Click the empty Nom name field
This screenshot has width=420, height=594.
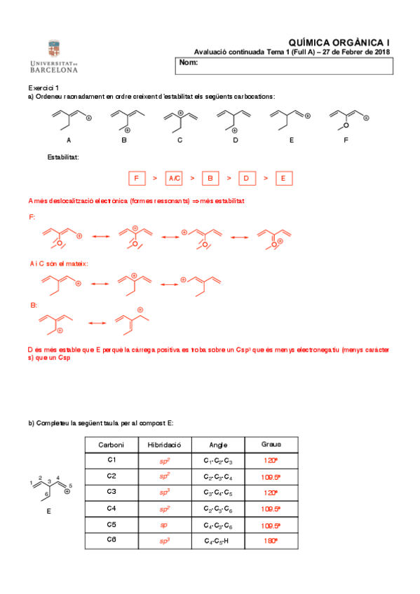coord(284,64)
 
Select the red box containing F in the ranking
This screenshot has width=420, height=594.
coord(137,178)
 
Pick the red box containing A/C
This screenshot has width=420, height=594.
coord(175,178)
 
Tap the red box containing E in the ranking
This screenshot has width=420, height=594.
coord(283,178)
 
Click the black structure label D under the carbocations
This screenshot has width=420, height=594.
coord(236,140)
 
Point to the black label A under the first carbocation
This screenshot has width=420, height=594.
coord(69,140)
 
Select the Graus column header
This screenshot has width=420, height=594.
coord(271,445)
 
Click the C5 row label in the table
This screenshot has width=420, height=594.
coord(111,525)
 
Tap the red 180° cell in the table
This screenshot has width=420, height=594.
coord(271,541)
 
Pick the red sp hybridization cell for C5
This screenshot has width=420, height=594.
coord(164,525)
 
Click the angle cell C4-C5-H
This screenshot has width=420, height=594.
coord(218,541)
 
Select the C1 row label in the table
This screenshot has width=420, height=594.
coord(111,460)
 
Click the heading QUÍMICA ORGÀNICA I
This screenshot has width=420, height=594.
coord(339,43)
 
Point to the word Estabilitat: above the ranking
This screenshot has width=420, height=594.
coord(63,157)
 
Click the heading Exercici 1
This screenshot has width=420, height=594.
coord(43,87)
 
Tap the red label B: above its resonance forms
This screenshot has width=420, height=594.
coord(33,305)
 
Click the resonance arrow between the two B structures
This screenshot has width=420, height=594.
coord(97,323)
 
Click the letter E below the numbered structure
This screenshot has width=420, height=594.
coord(48,511)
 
